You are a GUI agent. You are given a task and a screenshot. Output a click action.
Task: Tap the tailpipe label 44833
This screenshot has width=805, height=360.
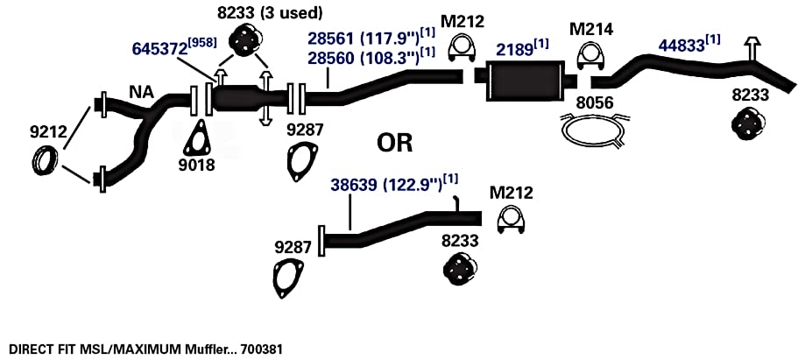coord(681,46)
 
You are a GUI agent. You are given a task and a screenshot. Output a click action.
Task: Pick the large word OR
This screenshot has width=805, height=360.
coord(395,144)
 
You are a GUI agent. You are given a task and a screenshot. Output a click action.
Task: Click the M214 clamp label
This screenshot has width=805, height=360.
coord(591,29)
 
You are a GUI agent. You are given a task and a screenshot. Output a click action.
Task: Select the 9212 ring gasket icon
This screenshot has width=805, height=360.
coord(45,159)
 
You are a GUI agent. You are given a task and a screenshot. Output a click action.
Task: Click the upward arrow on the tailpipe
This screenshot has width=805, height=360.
coord(752,48)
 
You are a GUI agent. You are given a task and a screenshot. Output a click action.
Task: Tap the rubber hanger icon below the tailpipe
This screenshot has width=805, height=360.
coord(748,124)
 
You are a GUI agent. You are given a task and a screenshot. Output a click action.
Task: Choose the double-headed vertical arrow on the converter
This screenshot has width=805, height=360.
coord(265,98)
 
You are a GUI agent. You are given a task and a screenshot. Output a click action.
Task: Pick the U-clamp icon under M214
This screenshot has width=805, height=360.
coord(590,55)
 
